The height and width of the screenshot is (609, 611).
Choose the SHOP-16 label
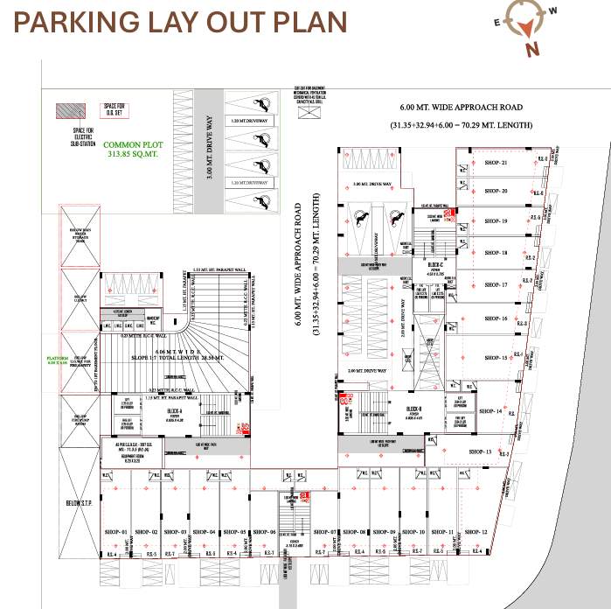point(495,318)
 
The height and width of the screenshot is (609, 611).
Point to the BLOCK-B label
point(414,409)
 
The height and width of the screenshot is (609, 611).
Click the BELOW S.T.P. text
point(79,505)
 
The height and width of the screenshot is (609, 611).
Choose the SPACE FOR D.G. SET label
point(115,109)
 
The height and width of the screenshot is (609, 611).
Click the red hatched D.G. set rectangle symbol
point(69,112)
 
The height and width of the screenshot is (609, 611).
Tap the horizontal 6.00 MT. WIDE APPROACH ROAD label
point(462,107)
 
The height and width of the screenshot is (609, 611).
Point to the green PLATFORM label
point(57,360)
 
